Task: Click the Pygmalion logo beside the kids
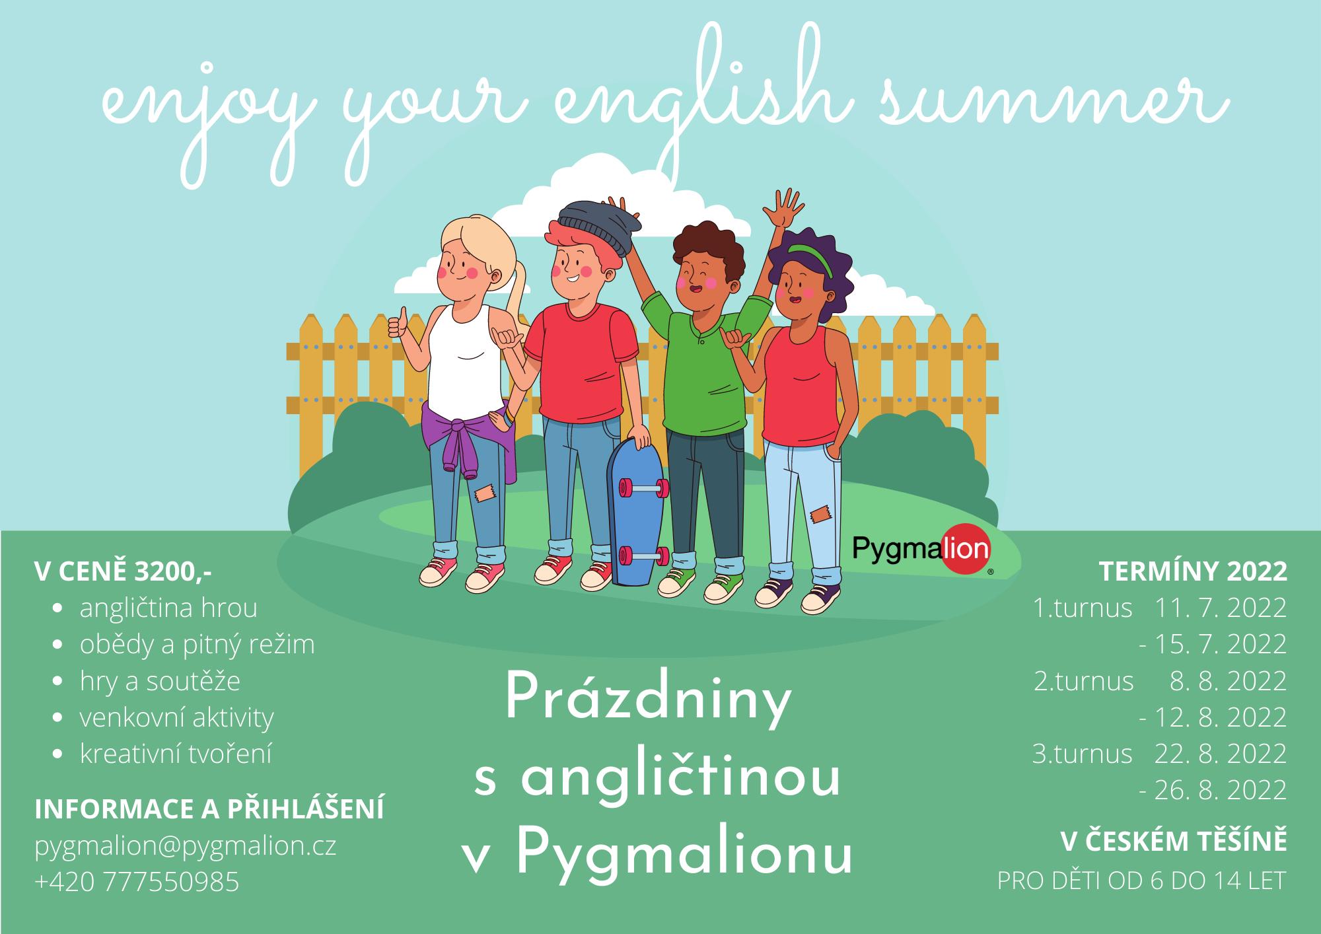coord(922,548)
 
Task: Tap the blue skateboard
coord(636,511)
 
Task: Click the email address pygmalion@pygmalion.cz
coord(186,846)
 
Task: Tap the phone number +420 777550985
coord(137,882)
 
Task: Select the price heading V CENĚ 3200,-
coord(124,572)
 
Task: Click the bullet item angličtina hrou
coord(168,608)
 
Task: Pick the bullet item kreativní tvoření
coord(176,754)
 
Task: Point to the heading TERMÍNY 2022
coord(1193,572)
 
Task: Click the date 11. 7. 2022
coord(1221,608)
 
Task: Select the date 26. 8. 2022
coord(1221,790)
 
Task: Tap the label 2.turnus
coord(1083,681)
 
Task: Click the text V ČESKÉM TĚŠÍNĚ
coord(1174,842)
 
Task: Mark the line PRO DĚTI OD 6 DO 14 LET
coord(1142,881)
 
